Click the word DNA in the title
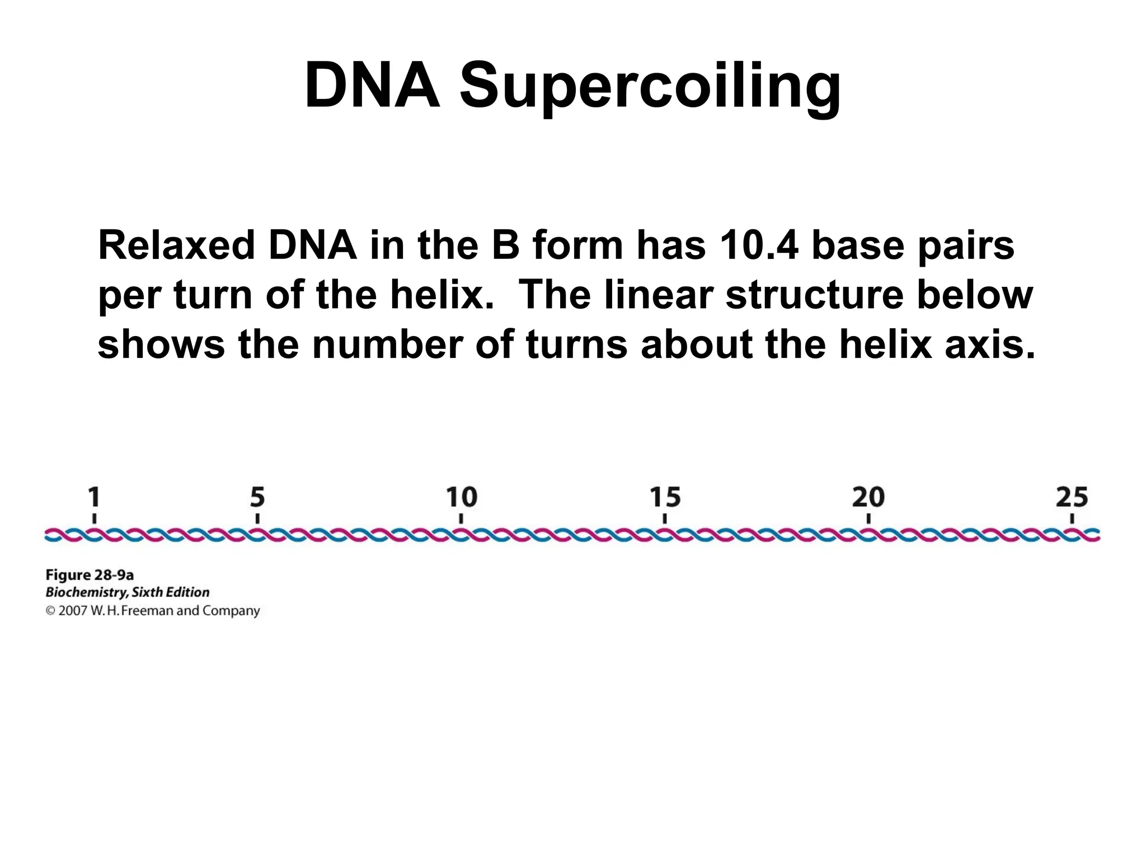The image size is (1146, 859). point(372,85)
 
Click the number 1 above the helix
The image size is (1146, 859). point(94,497)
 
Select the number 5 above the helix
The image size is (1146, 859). point(257,497)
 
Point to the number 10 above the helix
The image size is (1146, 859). point(461,497)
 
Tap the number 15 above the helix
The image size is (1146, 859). point(665,497)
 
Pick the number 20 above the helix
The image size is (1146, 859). point(868,497)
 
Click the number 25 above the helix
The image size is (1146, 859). point(1072,497)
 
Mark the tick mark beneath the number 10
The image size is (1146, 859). point(461,519)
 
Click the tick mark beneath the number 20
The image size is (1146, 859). point(868,519)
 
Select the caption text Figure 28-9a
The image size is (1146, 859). point(90,575)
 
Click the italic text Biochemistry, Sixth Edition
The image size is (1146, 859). point(128,592)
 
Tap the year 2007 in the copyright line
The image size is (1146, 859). point(73,611)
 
